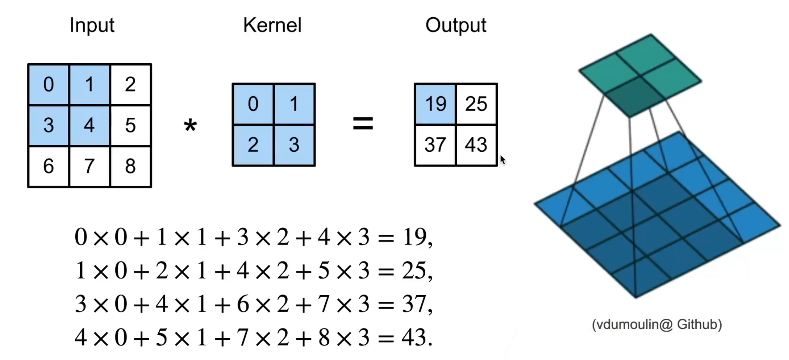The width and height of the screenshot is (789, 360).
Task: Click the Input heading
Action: pyautogui.click(x=92, y=25)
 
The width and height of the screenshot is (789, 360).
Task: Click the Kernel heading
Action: pyautogui.click(x=272, y=25)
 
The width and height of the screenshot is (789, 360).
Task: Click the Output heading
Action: pyautogui.click(x=456, y=25)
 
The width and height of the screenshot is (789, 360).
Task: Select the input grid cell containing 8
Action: pyautogui.click(x=131, y=167)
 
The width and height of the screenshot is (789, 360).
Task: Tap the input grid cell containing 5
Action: pyautogui.click(x=131, y=126)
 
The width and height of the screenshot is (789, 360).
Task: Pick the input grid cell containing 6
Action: pyautogui.click(x=48, y=167)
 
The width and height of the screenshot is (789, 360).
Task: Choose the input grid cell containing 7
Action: pyautogui.click(x=89, y=167)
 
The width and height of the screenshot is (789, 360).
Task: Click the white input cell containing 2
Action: pyautogui.click(x=131, y=85)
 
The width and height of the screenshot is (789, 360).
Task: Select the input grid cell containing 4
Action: pyautogui.click(x=89, y=126)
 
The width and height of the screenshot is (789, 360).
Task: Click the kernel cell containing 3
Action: pyautogui.click(x=294, y=145)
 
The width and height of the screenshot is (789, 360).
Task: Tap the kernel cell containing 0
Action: pyautogui.click(x=253, y=104)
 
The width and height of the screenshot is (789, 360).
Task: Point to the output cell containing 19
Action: pyautogui.click(x=435, y=104)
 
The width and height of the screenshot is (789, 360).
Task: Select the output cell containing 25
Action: pyautogui.click(x=476, y=104)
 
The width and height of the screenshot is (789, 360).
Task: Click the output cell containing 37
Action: pyautogui.click(x=435, y=145)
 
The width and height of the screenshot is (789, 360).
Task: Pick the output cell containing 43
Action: pyautogui.click(x=476, y=145)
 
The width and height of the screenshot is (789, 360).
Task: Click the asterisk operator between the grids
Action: pyautogui.click(x=190, y=126)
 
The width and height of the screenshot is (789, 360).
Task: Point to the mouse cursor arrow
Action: pyautogui.click(x=502, y=160)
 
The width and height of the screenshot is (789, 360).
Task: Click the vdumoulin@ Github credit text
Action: pyautogui.click(x=657, y=325)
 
